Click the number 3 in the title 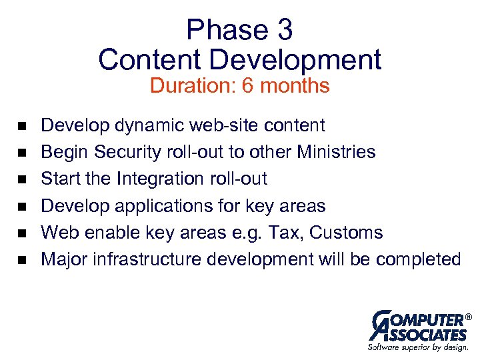[283, 30]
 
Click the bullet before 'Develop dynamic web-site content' [21, 126]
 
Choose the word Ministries [337, 152]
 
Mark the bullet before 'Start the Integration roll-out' [21, 179]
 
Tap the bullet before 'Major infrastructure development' [21, 259]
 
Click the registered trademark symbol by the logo [468, 316]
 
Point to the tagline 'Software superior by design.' [418, 347]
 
